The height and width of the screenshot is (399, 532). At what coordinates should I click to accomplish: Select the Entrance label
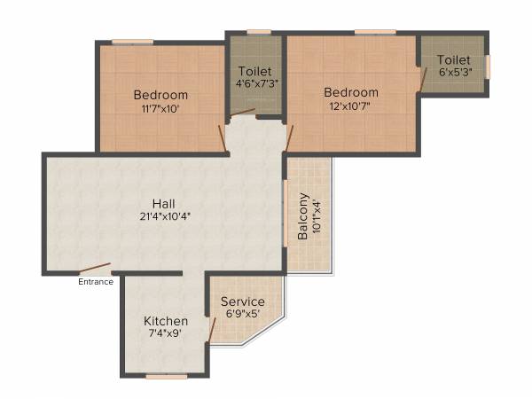[x=96, y=282]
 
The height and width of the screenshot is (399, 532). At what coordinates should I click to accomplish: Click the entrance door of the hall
[x=93, y=269]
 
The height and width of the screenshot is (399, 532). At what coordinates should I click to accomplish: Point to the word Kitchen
[x=166, y=321]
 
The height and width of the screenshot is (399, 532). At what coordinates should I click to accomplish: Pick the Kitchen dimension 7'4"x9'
[x=166, y=334]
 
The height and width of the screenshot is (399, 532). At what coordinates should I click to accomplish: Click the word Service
[x=242, y=301]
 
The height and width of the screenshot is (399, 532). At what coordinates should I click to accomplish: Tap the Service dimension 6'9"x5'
[x=242, y=314]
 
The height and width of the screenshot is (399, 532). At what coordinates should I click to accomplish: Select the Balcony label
[x=303, y=216]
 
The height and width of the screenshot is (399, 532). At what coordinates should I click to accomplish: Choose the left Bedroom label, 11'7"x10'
[x=160, y=95]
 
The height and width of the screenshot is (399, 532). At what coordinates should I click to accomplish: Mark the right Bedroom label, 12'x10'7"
[x=350, y=92]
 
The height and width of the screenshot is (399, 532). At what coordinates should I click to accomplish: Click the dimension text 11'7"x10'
[x=160, y=108]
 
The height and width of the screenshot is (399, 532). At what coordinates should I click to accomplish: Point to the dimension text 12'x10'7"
[x=350, y=105]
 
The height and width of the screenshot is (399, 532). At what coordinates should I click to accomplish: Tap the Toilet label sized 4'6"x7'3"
[x=254, y=71]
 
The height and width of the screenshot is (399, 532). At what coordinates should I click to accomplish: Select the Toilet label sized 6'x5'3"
[x=453, y=59]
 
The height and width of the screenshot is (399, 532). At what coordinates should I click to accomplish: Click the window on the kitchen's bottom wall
[x=167, y=376]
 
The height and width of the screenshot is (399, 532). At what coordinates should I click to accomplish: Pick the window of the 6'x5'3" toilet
[x=487, y=66]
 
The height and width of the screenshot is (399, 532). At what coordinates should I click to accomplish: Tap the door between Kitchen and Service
[x=211, y=330]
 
